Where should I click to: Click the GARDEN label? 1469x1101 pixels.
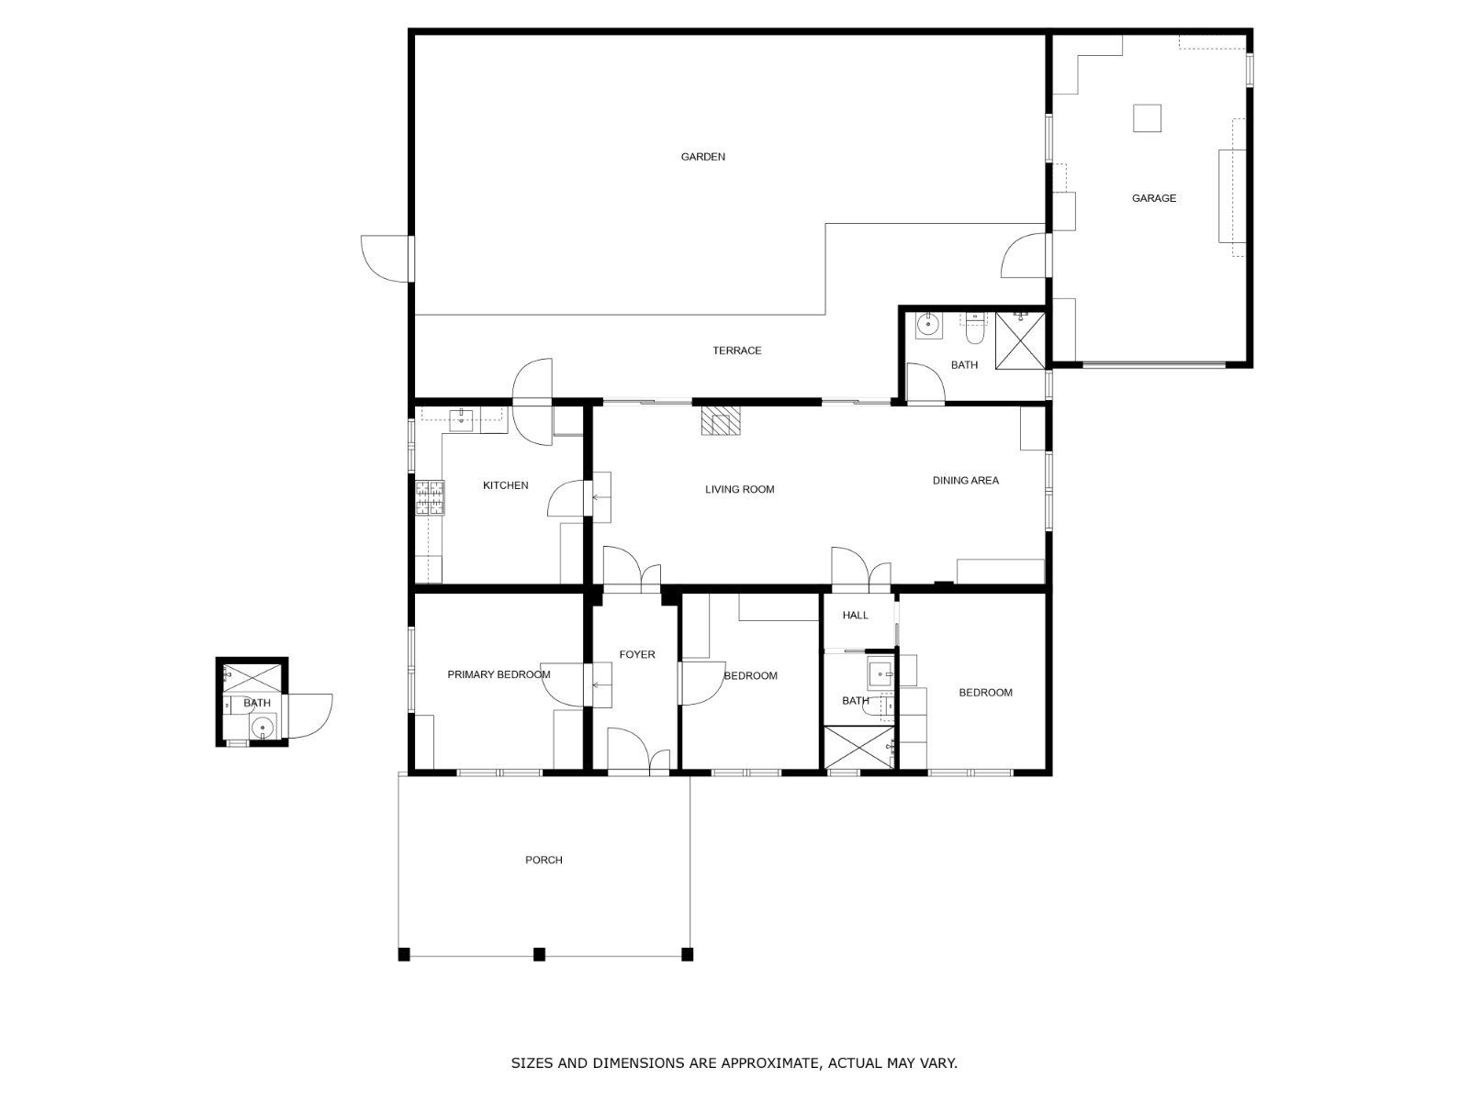[702, 157]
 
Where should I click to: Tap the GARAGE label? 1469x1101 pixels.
[1153, 198]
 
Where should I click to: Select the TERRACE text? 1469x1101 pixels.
[736, 350]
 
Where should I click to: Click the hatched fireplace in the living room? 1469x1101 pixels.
[720, 421]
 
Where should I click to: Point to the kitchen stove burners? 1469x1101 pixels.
[429, 497]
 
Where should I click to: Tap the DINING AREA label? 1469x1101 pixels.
[965, 480]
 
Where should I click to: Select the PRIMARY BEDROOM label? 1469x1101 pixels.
[499, 674]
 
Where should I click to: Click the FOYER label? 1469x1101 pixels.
[637, 654]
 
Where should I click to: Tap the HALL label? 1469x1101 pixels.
[855, 615]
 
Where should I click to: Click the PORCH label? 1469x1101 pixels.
[544, 860]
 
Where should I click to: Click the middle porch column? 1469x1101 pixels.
[539, 954]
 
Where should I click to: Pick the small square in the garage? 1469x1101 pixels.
[1146, 118]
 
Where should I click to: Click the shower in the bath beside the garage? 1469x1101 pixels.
[1020, 339]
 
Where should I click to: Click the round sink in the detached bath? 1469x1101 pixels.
[263, 728]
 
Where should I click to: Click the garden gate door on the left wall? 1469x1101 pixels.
[386, 259]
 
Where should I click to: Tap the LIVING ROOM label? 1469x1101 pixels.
[739, 489]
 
